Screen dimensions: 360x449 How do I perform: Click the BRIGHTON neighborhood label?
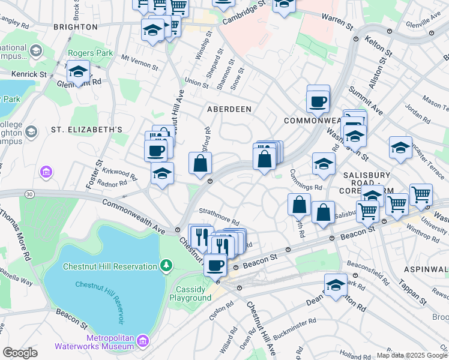tap(75, 27)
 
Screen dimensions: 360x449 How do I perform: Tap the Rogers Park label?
tap(91, 53)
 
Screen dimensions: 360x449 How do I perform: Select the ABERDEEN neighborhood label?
tap(229, 109)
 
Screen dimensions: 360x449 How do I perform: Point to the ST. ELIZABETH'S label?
tap(86, 129)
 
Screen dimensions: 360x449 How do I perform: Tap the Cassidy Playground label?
tap(193, 293)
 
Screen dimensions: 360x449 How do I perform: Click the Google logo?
tap(20, 353)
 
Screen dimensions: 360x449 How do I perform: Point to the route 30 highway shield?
tap(30, 193)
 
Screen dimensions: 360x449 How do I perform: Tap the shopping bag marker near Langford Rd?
tap(200, 163)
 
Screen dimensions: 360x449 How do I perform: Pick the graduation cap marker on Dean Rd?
tap(336, 285)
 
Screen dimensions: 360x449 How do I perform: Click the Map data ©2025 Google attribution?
tap(412, 355)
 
